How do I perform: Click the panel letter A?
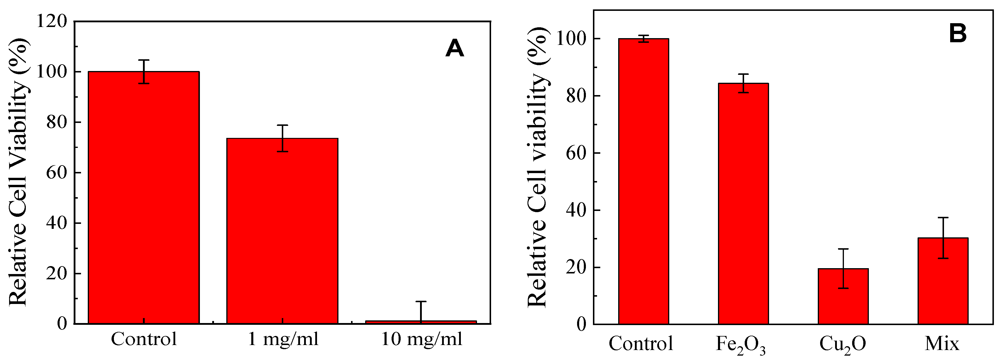pos(454,49)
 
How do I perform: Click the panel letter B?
pos(958,33)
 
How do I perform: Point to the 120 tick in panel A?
pos(51,21)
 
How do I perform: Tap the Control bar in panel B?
pos(644,181)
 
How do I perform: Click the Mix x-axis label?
pos(942,344)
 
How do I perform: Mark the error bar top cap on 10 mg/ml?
pos(421,301)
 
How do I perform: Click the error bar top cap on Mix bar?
pos(943,218)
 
